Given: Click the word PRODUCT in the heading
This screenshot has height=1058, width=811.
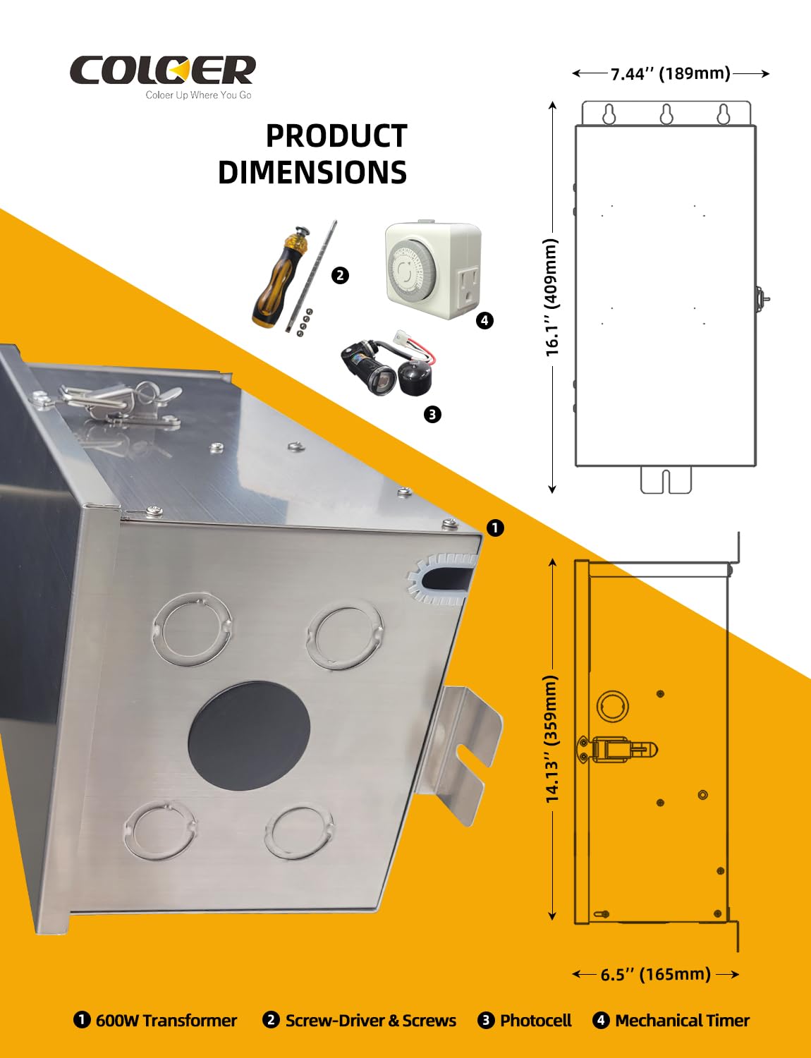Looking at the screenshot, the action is (x=336, y=136).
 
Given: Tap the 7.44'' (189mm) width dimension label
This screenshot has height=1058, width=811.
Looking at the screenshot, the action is (x=671, y=73).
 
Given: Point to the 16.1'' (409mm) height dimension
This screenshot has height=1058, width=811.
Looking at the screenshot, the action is (x=552, y=298).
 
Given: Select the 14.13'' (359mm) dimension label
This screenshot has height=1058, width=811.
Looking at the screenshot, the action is (x=552, y=740).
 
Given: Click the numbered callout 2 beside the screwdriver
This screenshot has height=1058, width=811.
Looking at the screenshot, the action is (x=340, y=276).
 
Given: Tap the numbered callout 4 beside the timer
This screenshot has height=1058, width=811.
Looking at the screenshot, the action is (x=484, y=320).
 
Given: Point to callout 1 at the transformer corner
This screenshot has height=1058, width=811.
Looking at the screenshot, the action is (x=495, y=528).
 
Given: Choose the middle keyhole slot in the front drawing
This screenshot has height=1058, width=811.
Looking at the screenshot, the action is (x=666, y=114).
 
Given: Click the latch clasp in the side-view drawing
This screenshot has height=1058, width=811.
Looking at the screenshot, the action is (x=617, y=749).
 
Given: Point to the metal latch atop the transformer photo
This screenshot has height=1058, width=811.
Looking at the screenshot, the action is (x=119, y=401).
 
